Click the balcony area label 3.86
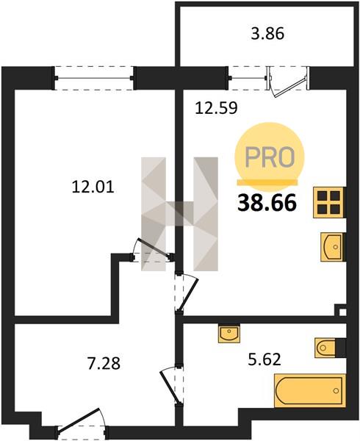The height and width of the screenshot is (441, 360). click(x=267, y=34)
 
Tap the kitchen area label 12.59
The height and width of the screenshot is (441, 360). click(x=217, y=107)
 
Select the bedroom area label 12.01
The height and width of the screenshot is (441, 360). click(x=93, y=187)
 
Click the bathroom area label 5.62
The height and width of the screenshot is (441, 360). click(x=264, y=359)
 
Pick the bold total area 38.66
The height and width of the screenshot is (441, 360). click(x=267, y=203)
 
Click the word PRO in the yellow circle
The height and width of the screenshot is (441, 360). click(x=270, y=157)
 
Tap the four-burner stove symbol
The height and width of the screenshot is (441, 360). click(x=329, y=203)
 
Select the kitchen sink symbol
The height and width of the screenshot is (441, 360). click(x=333, y=247)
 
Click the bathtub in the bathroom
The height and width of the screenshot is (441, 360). click(x=310, y=391)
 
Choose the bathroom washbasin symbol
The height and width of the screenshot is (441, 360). click(x=229, y=334)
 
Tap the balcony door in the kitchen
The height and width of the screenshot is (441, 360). click(x=288, y=82)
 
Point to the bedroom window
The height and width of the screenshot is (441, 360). click(x=94, y=78)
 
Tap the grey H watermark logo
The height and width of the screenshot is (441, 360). click(x=179, y=214)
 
